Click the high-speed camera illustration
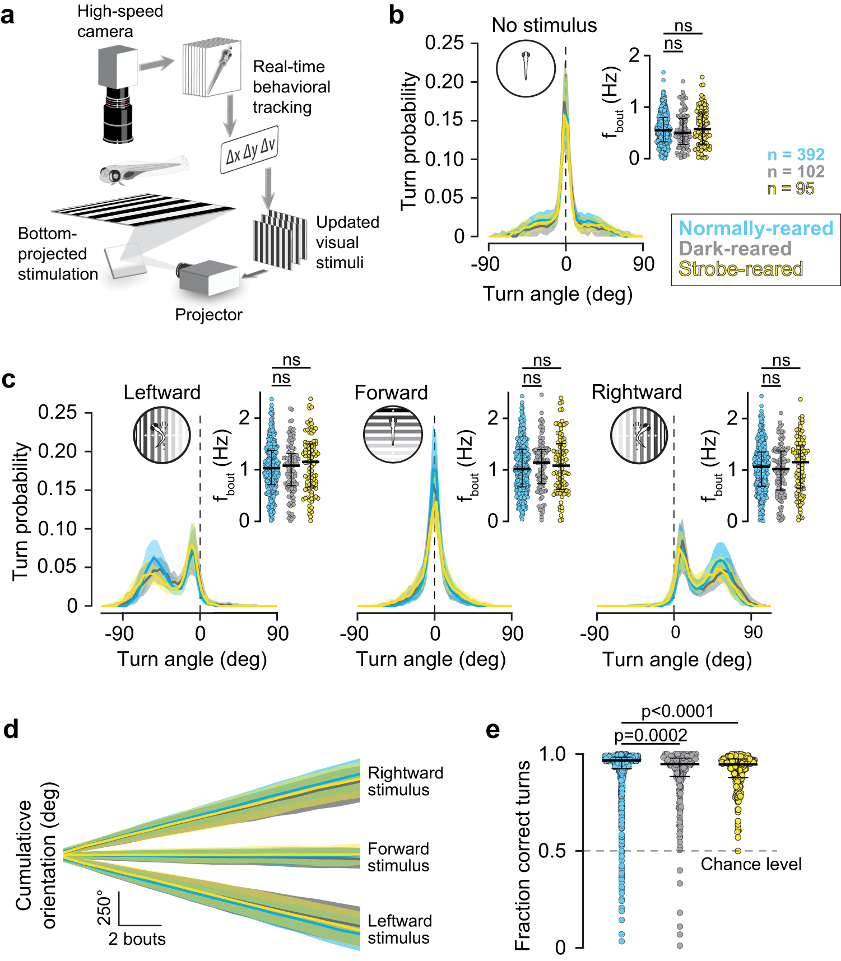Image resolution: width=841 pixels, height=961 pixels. (x=118, y=92)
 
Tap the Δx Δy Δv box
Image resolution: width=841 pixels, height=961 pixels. (x=249, y=150)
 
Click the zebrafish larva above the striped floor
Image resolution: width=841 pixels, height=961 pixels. (x=143, y=169)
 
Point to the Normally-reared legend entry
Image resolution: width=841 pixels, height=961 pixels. (x=756, y=228)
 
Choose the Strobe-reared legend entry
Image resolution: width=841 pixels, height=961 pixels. (x=740, y=269)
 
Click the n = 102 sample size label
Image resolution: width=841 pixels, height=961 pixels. (x=796, y=171)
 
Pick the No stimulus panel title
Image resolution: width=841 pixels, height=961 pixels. (x=544, y=25)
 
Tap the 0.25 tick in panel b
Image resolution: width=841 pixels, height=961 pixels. (x=444, y=43)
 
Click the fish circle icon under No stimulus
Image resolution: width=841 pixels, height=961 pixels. (x=526, y=68)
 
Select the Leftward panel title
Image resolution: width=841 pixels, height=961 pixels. (x=162, y=392)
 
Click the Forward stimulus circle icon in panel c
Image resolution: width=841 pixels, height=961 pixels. (x=393, y=435)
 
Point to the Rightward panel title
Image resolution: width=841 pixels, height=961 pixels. (x=636, y=392)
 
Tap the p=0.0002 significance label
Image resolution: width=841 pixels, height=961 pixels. (x=651, y=735)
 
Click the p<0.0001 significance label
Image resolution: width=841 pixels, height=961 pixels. (x=677, y=711)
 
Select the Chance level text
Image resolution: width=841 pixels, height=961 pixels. (x=751, y=864)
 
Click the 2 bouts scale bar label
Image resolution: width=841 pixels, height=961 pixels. (x=137, y=939)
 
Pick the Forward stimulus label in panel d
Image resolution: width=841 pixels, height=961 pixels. (x=398, y=857)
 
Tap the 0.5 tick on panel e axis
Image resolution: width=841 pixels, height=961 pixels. (x=552, y=851)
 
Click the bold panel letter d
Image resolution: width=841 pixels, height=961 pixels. (x=11, y=730)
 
